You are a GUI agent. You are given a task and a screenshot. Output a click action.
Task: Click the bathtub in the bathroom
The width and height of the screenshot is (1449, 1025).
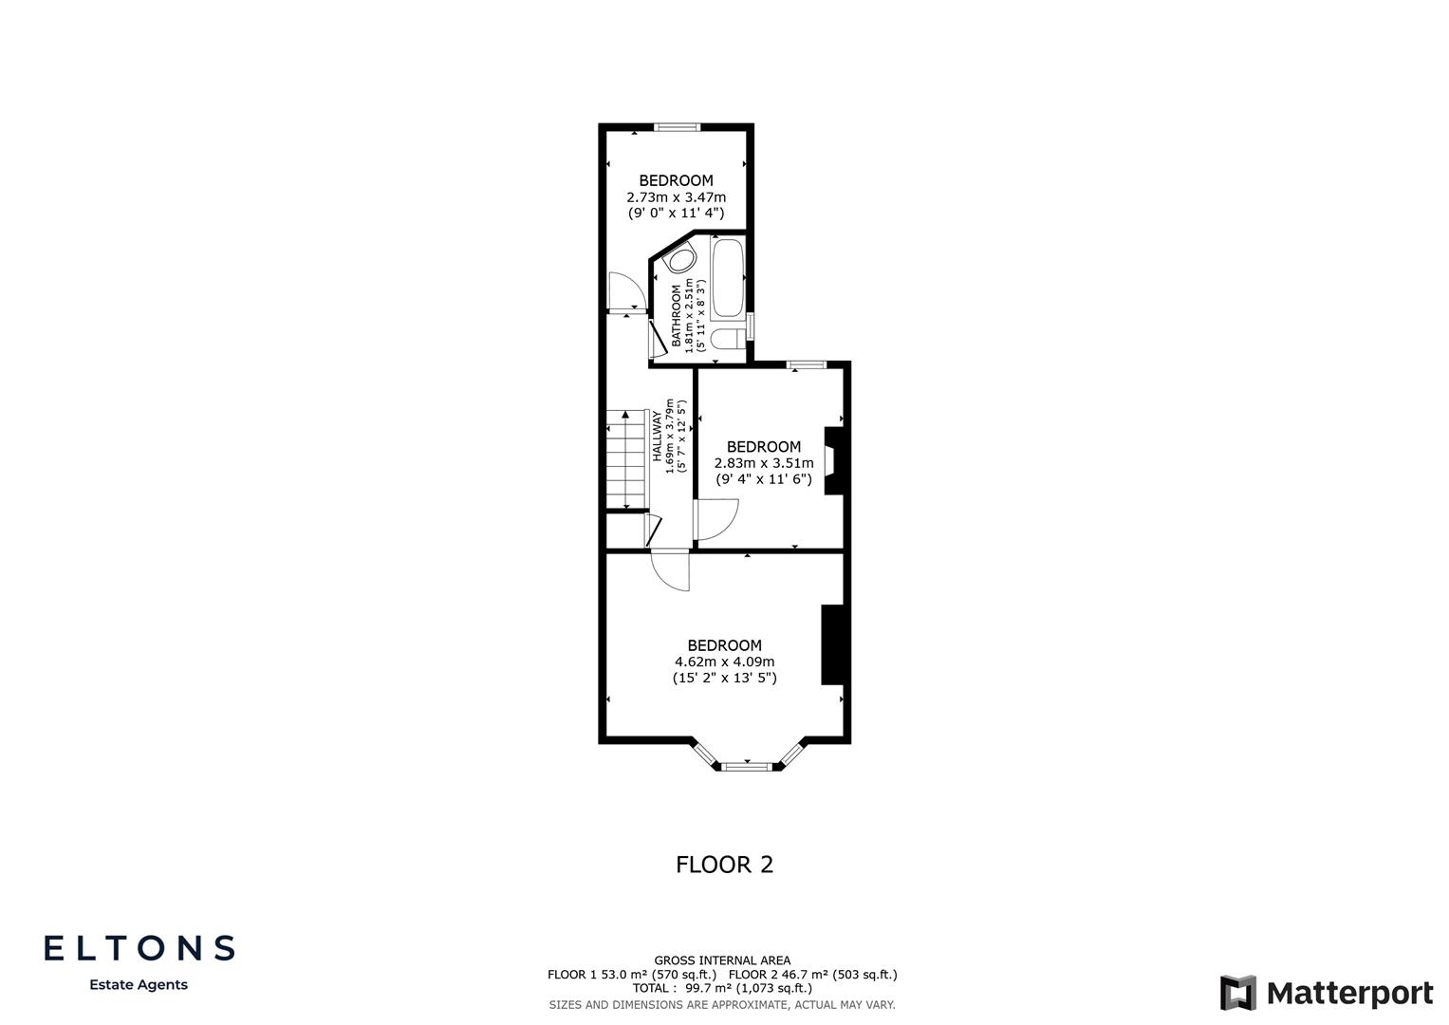click(x=728, y=278)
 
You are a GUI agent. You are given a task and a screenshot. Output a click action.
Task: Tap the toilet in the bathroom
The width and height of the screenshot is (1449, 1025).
click(x=726, y=340)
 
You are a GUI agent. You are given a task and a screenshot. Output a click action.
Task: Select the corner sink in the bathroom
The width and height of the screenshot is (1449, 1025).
click(x=680, y=260)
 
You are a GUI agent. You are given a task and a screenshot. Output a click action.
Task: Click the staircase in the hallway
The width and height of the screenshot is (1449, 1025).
click(x=625, y=461)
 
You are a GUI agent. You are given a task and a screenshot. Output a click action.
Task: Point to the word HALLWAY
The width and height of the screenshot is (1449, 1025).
click(x=657, y=436)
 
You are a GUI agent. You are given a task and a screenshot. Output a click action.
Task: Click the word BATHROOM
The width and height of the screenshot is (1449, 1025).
click(x=678, y=315)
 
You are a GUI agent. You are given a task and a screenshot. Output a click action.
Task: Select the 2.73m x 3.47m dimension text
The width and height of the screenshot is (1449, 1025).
click(x=676, y=197)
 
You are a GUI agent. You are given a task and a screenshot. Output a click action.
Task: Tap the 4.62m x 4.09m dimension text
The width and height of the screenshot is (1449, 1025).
click(x=724, y=662)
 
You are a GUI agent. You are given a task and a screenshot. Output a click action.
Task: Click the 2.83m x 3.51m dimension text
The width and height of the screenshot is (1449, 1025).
click(x=764, y=463)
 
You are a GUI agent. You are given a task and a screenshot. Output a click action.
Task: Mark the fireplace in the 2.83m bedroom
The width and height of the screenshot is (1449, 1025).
click(x=832, y=460)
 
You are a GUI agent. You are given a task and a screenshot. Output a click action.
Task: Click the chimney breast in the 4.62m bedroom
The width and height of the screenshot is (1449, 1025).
click(x=832, y=644)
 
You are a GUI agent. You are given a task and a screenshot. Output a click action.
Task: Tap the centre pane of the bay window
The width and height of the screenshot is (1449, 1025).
click(x=748, y=765)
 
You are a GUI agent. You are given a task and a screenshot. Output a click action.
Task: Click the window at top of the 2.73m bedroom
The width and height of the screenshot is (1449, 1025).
click(x=677, y=127)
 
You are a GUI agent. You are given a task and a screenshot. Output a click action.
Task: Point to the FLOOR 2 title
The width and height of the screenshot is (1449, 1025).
click(x=724, y=865)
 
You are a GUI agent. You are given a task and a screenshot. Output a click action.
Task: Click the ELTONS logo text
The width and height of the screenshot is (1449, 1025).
click(x=139, y=948)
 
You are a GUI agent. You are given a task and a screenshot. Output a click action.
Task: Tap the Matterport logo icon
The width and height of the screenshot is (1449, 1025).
click(x=1237, y=993)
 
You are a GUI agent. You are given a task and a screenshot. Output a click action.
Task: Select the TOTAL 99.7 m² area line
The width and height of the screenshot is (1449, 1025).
click(x=722, y=988)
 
